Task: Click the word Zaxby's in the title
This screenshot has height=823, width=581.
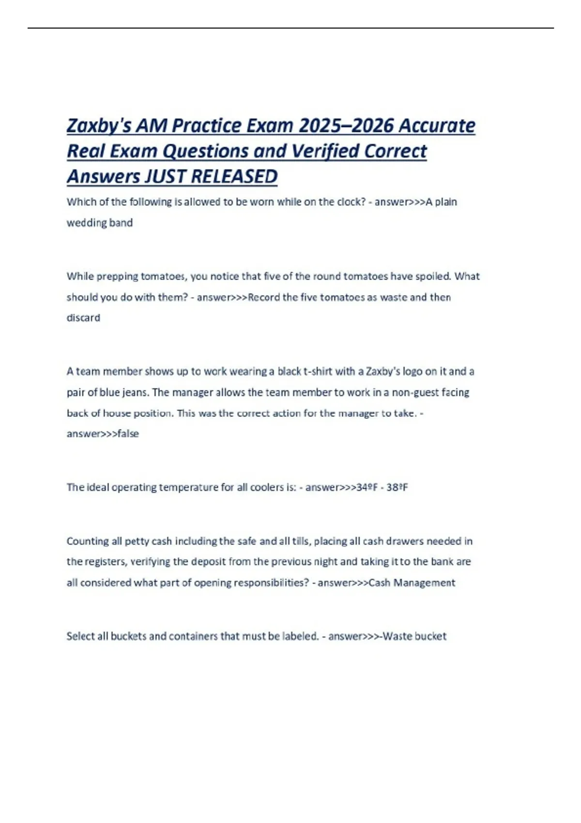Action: pos(99,126)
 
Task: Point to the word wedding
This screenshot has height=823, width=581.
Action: pos(86,223)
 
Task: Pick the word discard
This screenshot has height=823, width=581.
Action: pos(83,318)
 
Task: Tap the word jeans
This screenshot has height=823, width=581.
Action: pos(135,393)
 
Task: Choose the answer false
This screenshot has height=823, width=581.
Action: pos(128,434)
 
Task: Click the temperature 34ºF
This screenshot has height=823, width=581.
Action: pos(367,488)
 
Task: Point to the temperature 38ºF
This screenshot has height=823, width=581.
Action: pos(397,488)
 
